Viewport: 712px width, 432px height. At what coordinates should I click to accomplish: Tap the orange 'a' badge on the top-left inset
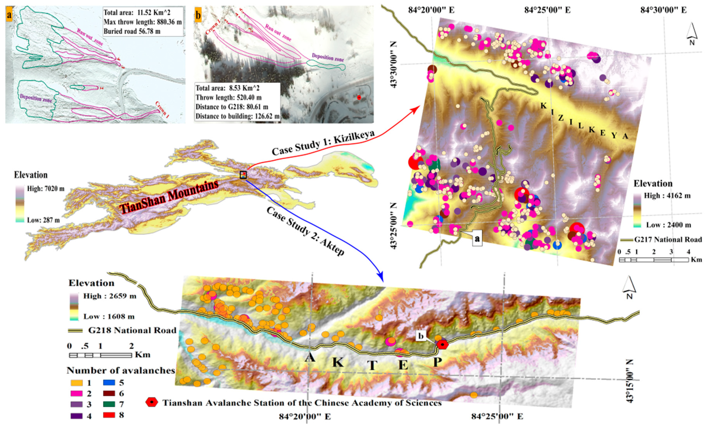9,14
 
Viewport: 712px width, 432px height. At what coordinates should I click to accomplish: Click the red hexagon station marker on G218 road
442,344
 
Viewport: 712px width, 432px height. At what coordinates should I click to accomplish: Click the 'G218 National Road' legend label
132,330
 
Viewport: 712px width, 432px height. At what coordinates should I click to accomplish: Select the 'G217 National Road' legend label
668,239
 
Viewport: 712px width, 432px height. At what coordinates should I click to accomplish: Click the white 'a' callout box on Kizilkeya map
477,239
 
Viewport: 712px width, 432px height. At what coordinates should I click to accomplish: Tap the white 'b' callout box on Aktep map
421,336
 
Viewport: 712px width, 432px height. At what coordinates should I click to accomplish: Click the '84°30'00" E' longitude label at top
663,10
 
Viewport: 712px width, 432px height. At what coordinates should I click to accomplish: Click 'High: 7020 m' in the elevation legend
46,189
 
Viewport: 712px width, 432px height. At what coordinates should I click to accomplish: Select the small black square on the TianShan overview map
243,175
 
